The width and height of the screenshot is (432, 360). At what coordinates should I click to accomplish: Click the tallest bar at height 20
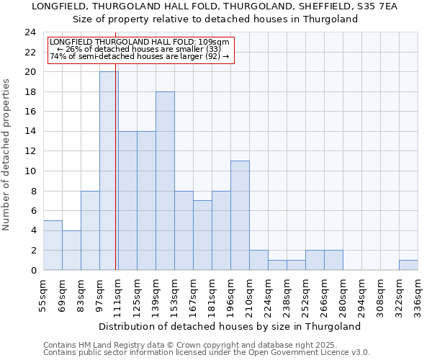click(x=109, y=171)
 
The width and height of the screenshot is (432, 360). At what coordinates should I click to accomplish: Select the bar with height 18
click(x=165, y=181)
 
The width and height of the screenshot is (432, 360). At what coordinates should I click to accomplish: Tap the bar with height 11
click(x=240, y=215)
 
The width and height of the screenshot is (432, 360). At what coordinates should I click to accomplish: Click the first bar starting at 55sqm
click(x=53, y=245)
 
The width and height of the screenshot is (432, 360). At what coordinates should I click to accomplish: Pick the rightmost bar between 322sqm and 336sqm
click(x=408, y=265)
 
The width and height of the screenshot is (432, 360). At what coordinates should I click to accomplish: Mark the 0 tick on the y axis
click(x=33, y=270)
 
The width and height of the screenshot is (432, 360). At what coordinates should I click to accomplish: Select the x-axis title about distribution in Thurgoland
click(x=230, y=326)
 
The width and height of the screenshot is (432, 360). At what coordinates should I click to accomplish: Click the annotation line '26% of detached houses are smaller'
click(x=139, y=49)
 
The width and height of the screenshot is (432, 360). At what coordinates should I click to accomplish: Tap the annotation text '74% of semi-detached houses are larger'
click(x=139, y=56)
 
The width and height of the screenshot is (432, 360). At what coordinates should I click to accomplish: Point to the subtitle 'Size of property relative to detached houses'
click(x=215, y=19)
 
